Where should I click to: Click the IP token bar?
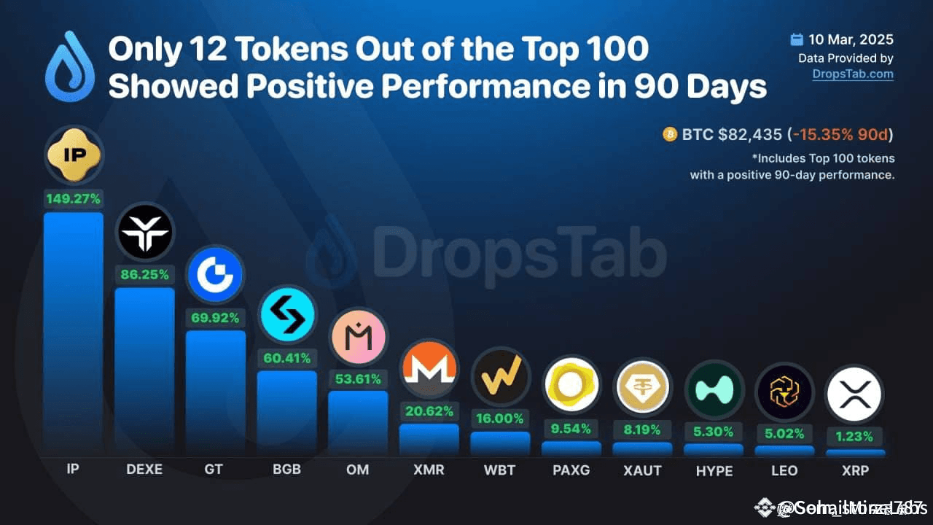coord(73,332)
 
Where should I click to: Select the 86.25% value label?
coord(144,275)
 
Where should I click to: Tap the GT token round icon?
coord(215,275)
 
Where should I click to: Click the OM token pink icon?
coord(358,337)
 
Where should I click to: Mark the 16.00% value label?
coord(500,419)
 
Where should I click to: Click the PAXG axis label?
coord(571,470)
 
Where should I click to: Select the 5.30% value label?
coord(714,432)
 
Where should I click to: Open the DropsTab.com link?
coord(853,74)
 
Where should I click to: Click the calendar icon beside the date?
coord(797,39)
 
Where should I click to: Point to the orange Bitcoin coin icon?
coord(669,135)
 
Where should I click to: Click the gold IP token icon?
coord(74,155)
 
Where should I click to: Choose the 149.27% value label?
coord(73,198)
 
